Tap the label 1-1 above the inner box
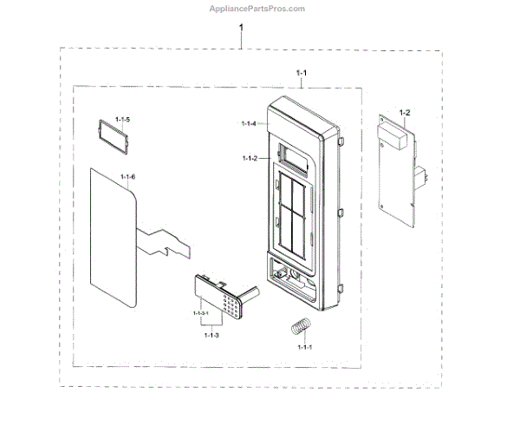click(x=301, y=73)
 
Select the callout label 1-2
click(x=404, y=113)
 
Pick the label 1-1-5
click(x=125, y=118)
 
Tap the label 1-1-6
click(x=127, y=178)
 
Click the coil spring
click(x=299, y=328)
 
